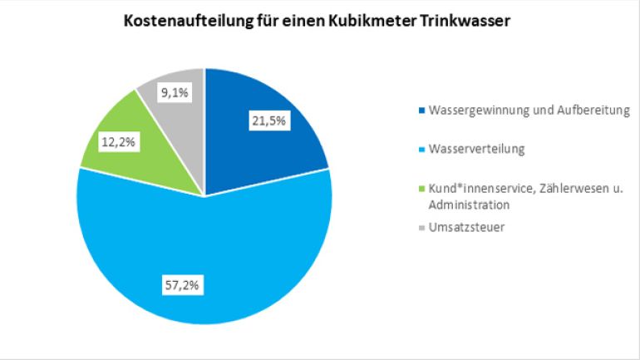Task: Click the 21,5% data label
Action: [x=269, y=121]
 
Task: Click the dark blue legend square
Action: [x=422, y=111]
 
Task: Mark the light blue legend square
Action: [x=422, y=150]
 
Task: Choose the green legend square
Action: [x=422, y=190]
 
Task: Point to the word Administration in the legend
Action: [x=470, y=204]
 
